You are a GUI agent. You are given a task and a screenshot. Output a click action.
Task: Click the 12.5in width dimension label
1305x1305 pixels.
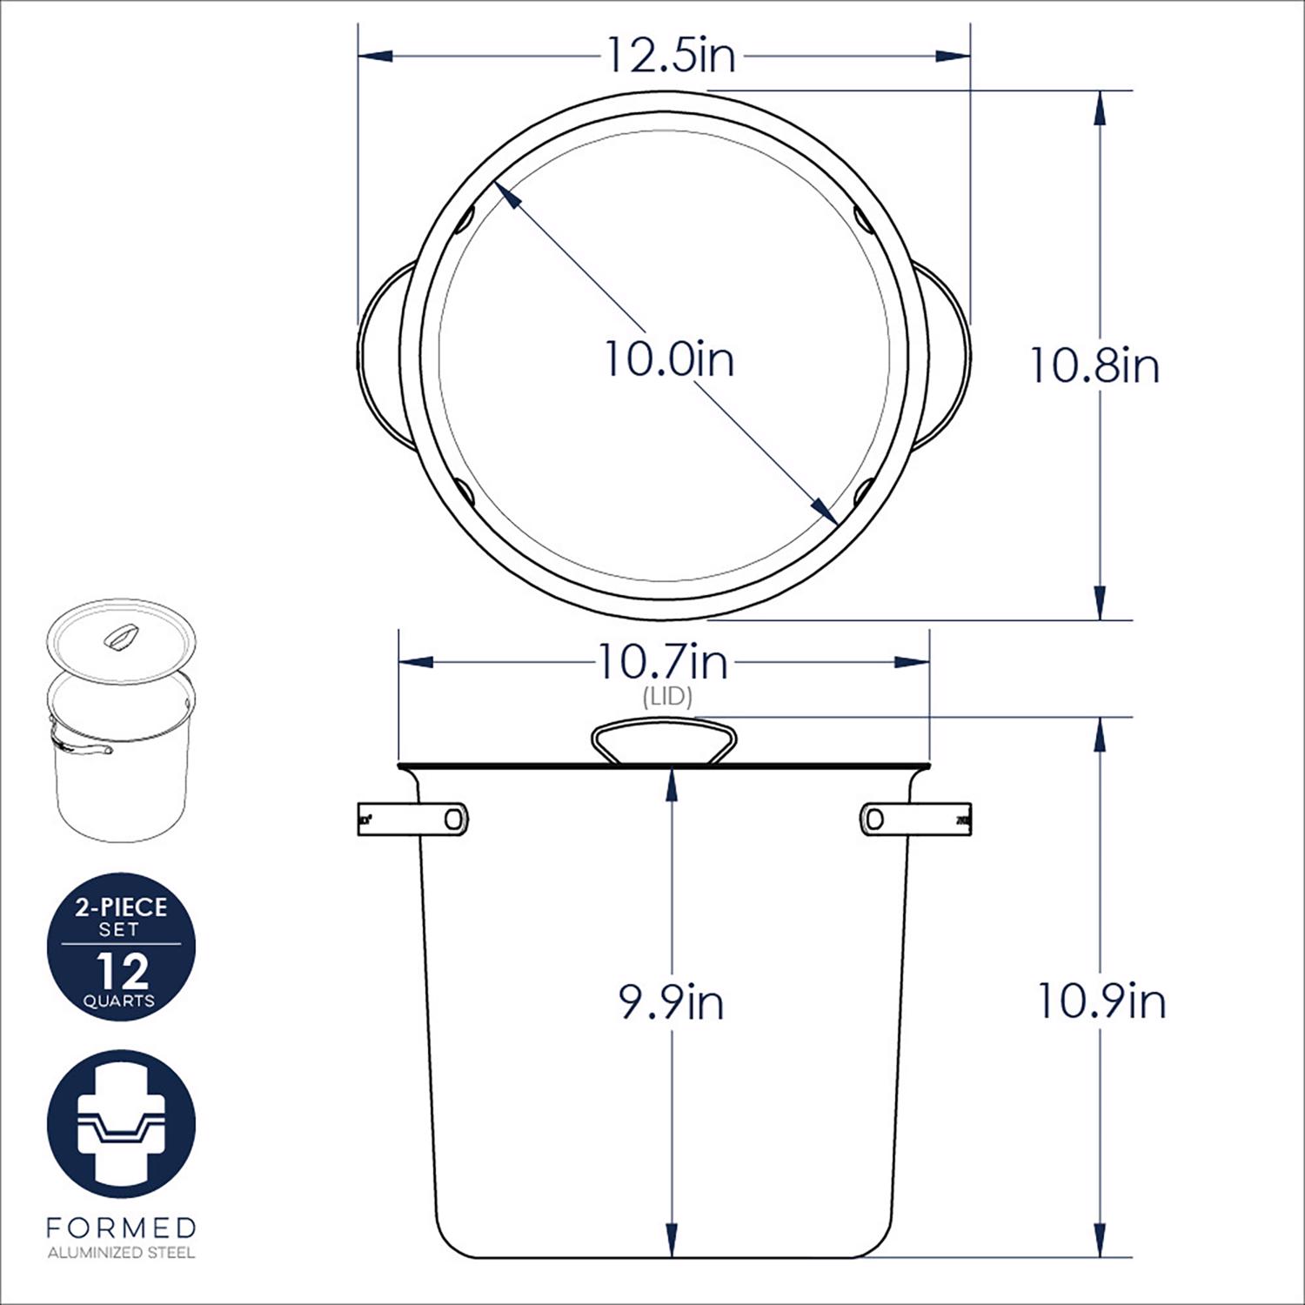[670, 56]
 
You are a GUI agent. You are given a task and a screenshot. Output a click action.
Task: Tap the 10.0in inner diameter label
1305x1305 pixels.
[669, 358]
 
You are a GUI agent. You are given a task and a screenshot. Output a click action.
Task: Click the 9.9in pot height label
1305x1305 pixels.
[671, 1002]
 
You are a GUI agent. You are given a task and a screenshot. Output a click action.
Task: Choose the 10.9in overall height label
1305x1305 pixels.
[1101, 1001]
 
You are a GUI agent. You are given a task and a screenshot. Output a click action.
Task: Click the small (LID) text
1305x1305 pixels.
[667, 697]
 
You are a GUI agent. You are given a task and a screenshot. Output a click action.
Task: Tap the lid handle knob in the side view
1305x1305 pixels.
[663, 741]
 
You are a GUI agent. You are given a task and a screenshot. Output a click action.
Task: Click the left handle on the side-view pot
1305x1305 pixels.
[413, 818]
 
